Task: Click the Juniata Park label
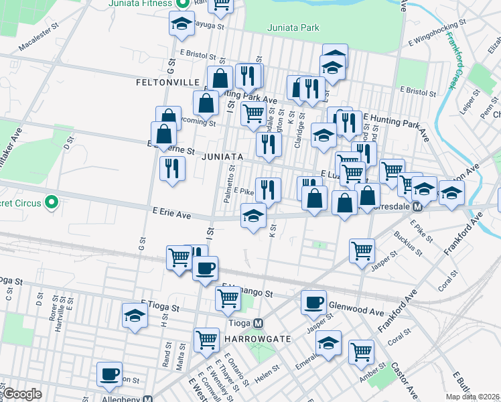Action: point(293,28)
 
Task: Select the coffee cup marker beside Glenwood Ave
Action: point(313,303)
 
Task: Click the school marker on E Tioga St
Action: point(134,315)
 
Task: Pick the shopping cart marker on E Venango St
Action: point(228,297)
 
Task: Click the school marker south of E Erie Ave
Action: point(253,216)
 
